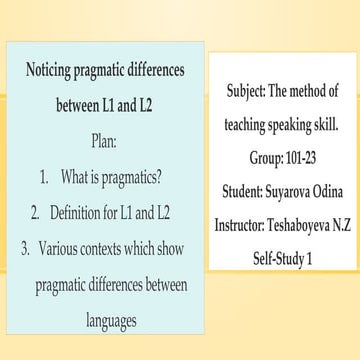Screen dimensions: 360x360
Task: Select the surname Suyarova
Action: [287, 190]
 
